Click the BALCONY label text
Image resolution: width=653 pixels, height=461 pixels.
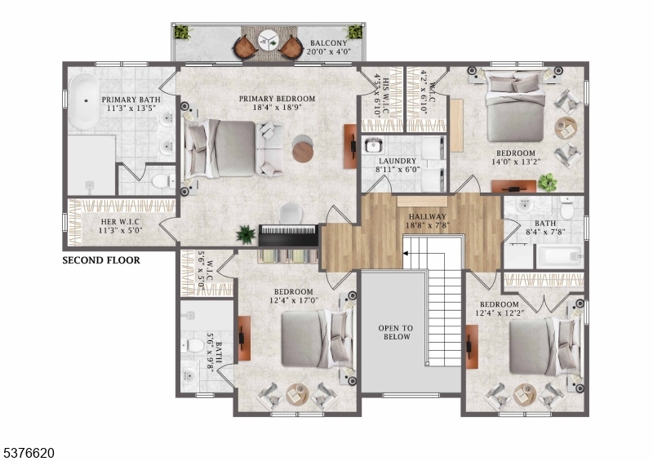[329, 43]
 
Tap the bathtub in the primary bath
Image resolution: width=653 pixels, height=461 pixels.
[82, 101]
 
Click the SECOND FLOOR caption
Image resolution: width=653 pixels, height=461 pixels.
[101, 261]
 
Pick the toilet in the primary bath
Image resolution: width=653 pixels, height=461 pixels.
[162, 178]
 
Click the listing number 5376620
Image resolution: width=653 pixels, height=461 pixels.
[29, 450]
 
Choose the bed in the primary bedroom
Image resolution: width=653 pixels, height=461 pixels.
[220, 148]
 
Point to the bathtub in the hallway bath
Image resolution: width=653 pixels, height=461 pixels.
[558, 257]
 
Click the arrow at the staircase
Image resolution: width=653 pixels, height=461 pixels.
[405, 253]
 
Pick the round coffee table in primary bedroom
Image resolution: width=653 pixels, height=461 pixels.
[302, 152]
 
